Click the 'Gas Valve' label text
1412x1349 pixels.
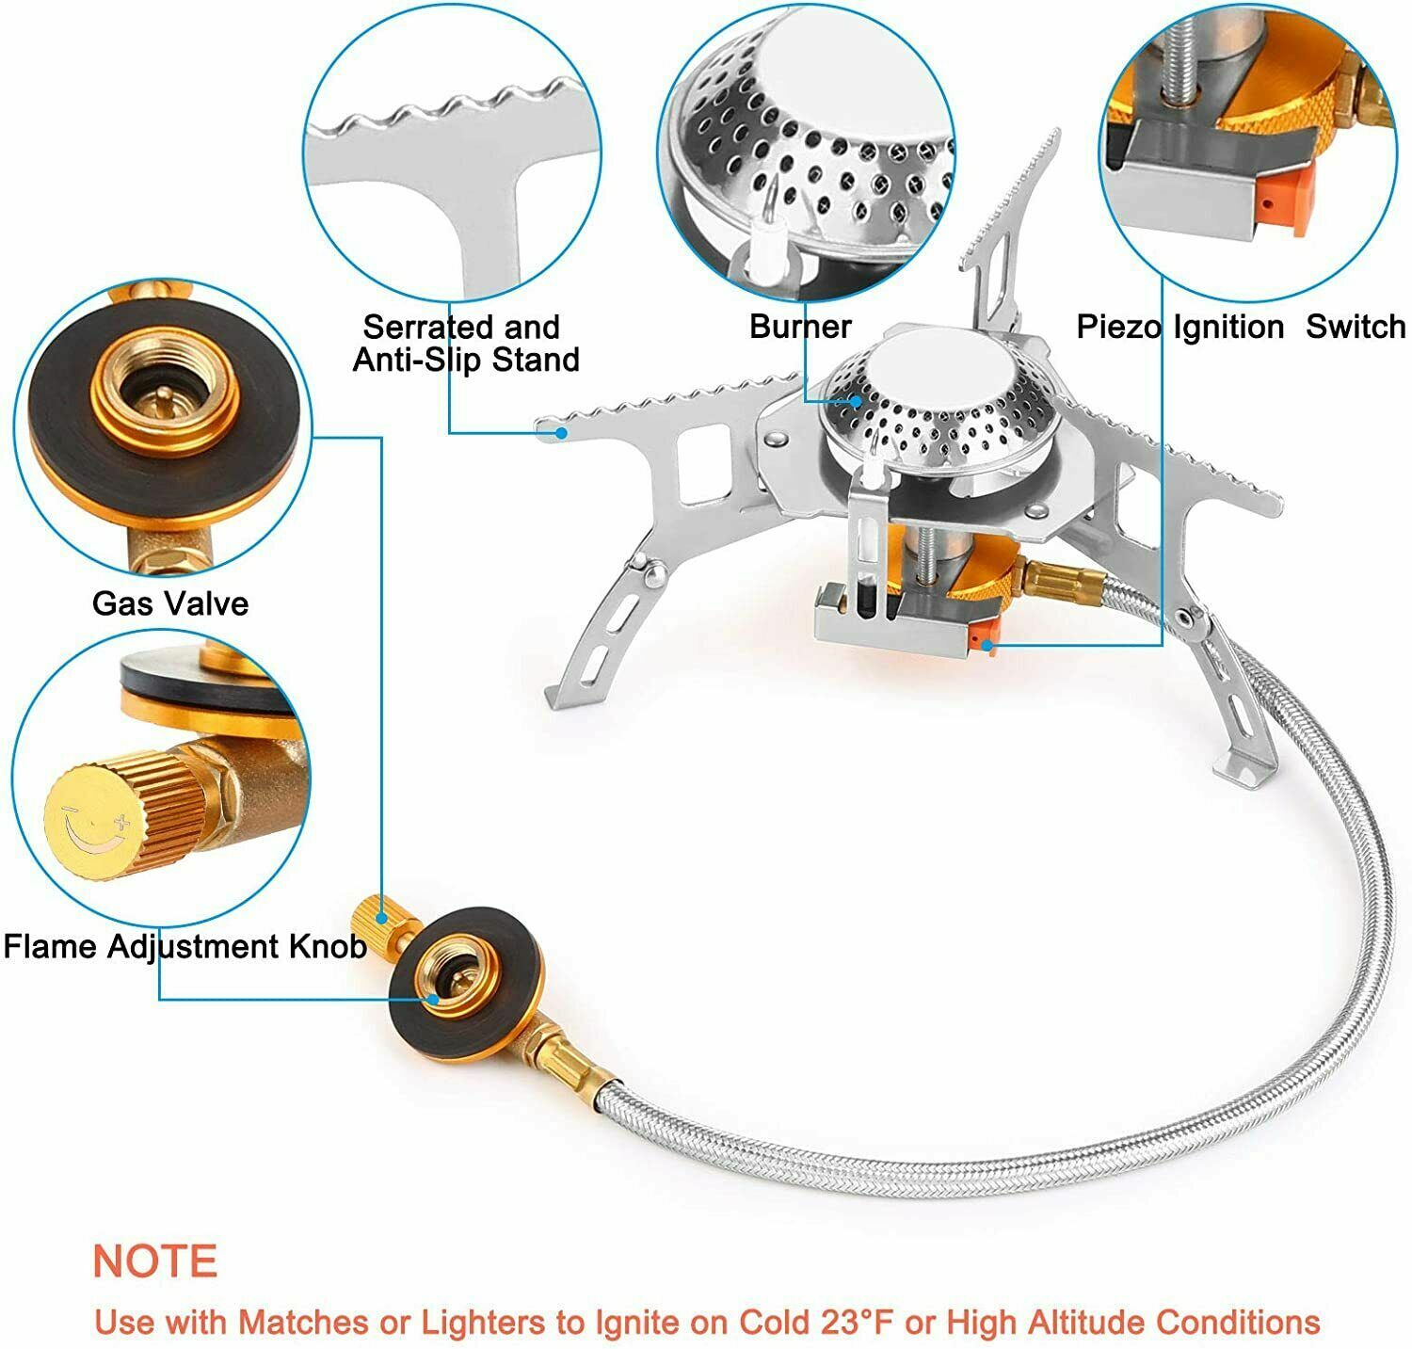(x=170, y=603)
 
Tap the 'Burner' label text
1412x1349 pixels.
(x=799, y=327)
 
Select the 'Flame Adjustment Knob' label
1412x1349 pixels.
(x=185, y=945)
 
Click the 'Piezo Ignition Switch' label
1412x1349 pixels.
(x=1241, y=327)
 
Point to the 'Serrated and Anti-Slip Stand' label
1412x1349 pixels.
(x=465, y=344)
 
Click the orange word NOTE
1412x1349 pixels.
(x=155, y=1261)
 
